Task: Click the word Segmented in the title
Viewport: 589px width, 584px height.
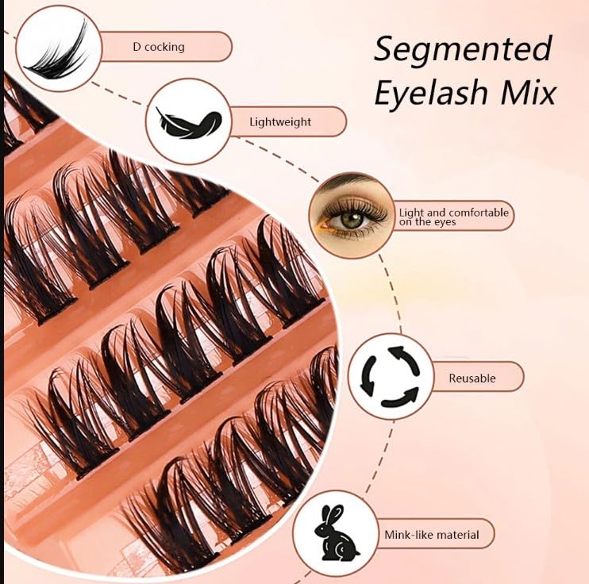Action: tap(463, 50)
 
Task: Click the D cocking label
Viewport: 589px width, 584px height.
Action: tap(159, 47)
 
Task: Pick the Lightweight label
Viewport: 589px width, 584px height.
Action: tap(280, 122)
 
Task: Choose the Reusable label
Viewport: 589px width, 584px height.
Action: tap(472, 378)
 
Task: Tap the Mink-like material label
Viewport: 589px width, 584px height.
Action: tap(431, 534)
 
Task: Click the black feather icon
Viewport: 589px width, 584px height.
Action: tap(188, 123)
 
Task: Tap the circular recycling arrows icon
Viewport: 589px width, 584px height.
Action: tap(389, 376)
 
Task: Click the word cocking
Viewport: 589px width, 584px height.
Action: tap(164, 47)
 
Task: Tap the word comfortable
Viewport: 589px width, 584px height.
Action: tap(479, 212)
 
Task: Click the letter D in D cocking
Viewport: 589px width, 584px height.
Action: tap(137, 47)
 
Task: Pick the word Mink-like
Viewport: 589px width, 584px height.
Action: tap(406, 534)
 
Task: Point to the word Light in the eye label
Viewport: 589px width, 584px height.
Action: tap(411, 212)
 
